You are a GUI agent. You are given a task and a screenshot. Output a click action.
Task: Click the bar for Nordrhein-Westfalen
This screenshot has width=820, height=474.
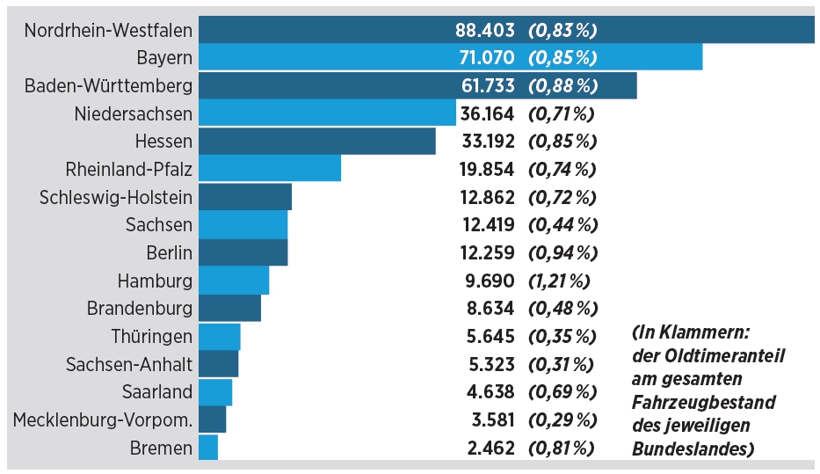point(506,29)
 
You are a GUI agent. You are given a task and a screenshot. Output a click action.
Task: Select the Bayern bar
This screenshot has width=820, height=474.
point(450,57)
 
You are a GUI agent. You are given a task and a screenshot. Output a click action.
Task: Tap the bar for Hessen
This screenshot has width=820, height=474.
point(317,142)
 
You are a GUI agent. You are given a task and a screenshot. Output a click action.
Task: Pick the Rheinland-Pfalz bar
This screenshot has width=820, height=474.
point(270,169)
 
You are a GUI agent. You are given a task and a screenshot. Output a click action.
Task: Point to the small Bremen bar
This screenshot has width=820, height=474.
point(208,448)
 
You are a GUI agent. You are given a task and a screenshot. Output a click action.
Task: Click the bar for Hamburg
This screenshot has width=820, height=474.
point(234,281)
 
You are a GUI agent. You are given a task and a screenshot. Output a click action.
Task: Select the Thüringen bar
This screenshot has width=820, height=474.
point(220,337)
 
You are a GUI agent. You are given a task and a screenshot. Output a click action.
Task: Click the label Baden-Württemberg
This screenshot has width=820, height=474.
point(108,86)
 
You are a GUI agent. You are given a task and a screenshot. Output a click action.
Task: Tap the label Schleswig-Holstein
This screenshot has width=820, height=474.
point(116,197)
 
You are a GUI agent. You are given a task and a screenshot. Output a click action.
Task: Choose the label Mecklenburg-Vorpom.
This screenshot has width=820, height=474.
point(103,420)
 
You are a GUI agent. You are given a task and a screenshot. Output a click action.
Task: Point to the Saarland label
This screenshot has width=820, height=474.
point(157,392)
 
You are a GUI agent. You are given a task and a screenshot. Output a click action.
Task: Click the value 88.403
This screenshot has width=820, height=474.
point(485,31)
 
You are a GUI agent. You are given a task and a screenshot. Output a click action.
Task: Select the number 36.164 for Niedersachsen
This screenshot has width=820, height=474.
point(487,113)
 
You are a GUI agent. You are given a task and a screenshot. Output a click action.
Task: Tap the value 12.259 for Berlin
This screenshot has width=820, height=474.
point(487,252)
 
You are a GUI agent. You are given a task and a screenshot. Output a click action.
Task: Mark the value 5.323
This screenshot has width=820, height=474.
point(491,364)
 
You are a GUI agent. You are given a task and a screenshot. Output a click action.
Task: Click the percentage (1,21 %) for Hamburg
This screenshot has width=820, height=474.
point(559,281)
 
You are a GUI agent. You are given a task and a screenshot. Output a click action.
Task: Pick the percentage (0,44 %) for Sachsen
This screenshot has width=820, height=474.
point(562,225)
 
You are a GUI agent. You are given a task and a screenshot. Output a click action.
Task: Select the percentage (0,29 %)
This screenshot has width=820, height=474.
point(562,420)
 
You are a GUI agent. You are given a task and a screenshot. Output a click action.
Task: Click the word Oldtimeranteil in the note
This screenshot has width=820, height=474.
point(725,356)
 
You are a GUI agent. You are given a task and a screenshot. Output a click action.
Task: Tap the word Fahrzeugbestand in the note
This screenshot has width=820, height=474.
point(703,402)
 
